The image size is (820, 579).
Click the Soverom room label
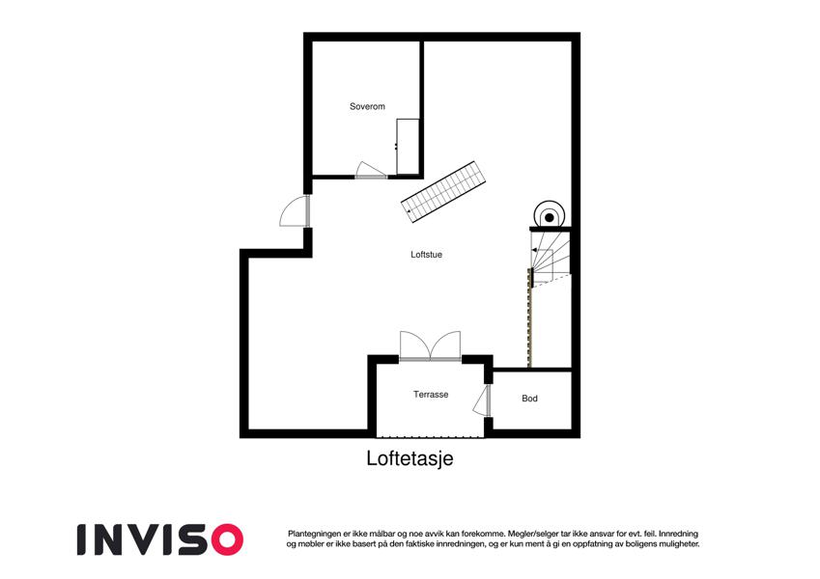367,106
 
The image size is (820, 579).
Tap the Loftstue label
426,255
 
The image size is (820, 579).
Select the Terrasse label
431,395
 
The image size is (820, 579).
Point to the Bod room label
529,399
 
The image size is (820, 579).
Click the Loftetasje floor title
410,458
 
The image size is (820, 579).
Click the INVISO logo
160,539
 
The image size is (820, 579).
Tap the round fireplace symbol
550,216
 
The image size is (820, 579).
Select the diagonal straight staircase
443,192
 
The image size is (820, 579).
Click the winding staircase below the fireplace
551,256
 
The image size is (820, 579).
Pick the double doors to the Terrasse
431,345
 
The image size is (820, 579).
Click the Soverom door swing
371,171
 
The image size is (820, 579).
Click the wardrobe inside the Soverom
408,147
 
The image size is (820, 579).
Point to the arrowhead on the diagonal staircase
408,210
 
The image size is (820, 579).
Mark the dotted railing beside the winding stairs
529,317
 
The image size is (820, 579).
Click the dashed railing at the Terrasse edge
431,436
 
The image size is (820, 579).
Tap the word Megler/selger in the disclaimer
529,534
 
